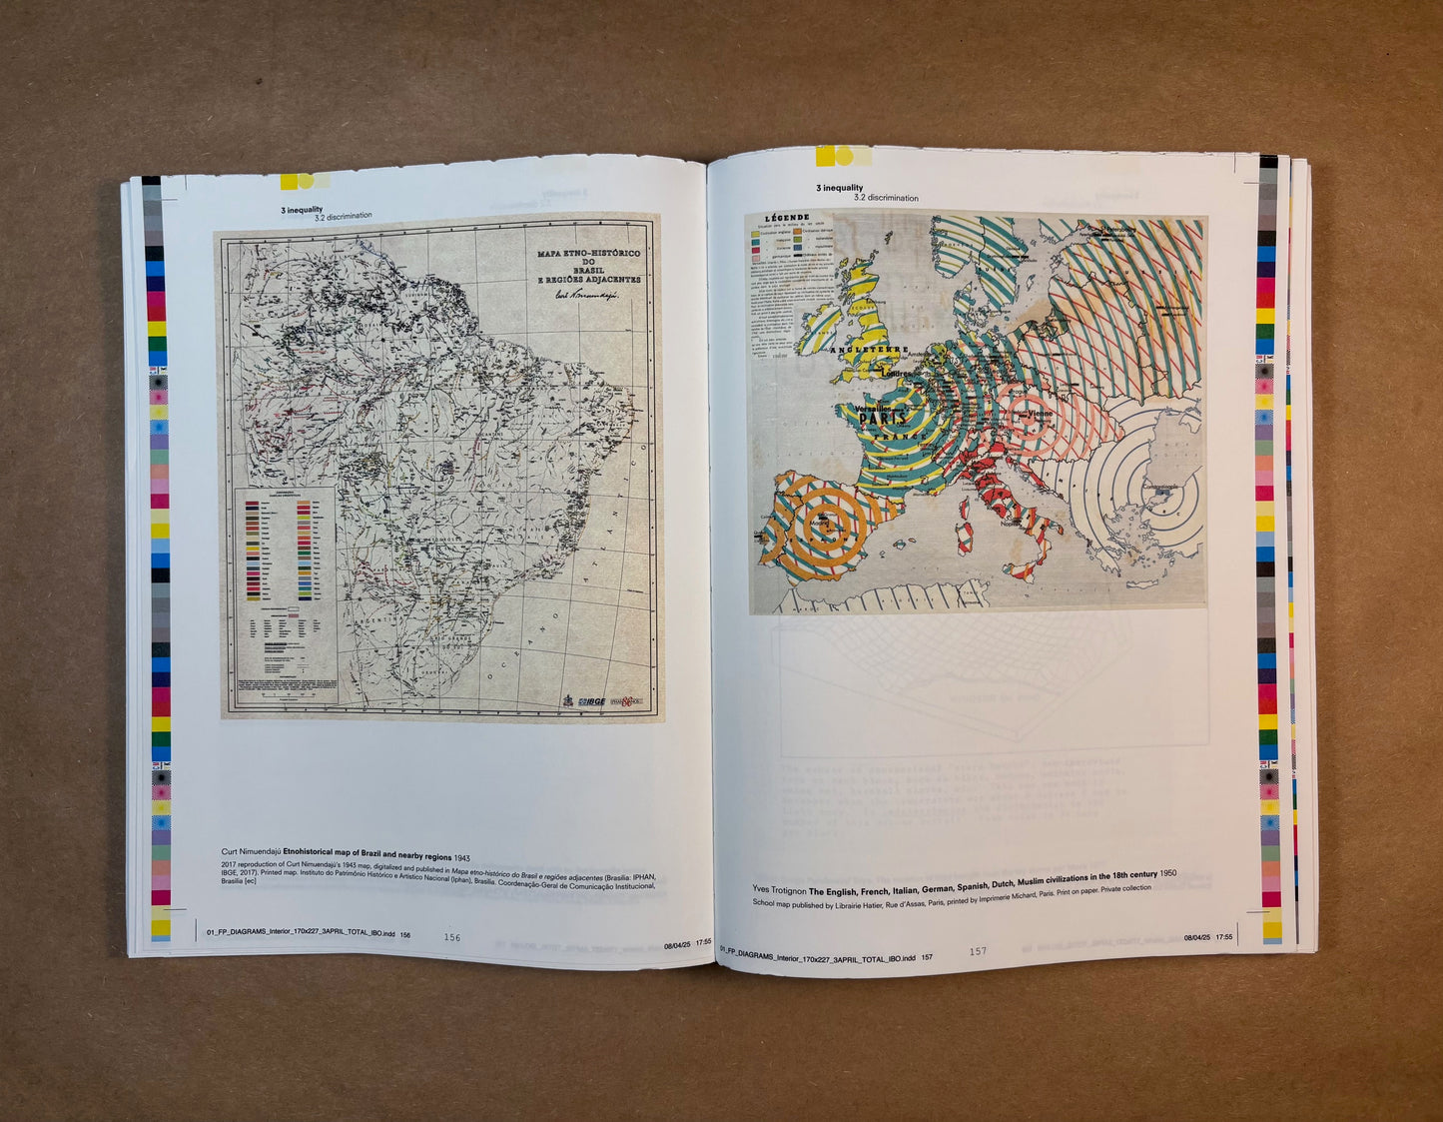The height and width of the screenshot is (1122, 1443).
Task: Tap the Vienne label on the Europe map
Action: [1040, 413]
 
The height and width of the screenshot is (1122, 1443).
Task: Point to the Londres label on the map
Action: [899, 374]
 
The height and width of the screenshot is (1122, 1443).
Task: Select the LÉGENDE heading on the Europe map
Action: [786, 218]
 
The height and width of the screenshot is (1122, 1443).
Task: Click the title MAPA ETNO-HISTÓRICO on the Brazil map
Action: [588, 254]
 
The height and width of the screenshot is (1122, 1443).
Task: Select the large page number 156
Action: [452, 937]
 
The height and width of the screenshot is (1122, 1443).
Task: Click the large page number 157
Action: [978, 951]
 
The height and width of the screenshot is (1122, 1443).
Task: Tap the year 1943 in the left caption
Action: [460, 857]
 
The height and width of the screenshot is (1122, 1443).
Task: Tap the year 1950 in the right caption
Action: [1167, 873]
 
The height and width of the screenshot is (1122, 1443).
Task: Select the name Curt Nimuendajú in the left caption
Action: [251, 853]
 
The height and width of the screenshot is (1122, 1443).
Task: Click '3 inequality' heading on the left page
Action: [302, 210]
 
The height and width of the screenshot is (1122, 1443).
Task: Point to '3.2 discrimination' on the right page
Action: [886, 198]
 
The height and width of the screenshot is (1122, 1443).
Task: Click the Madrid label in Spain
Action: [820, 523]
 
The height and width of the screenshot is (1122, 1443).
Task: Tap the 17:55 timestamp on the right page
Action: [1223, 937]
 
